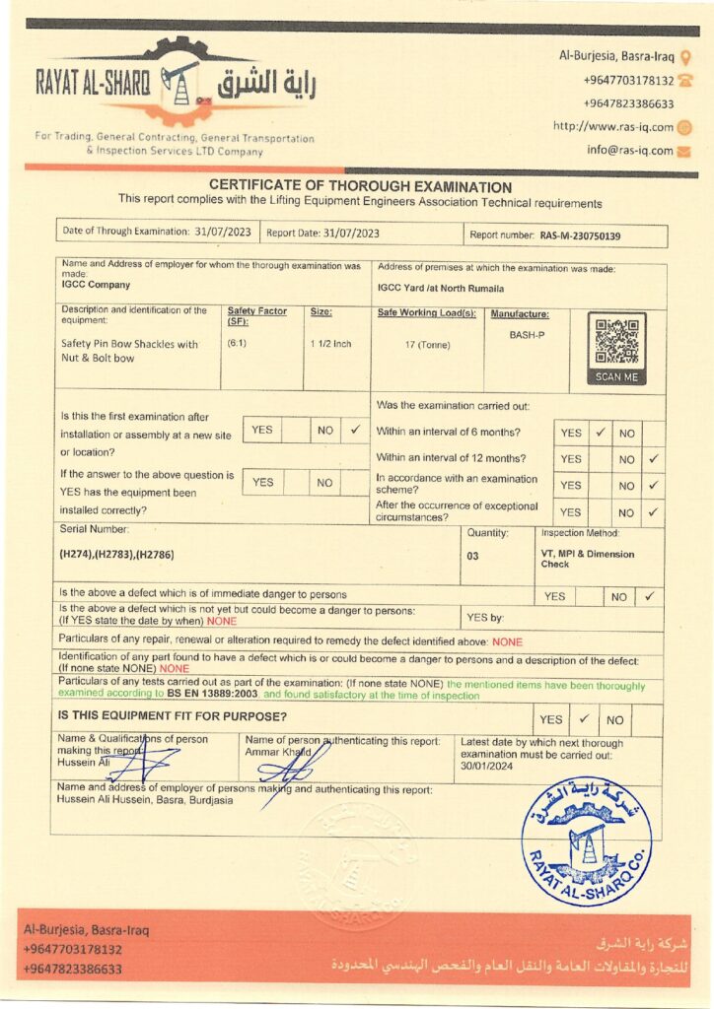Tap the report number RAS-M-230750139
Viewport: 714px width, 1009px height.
pyautogui.click(x=580, y=236)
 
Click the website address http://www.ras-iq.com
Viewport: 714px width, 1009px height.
pyautogui.click(x=612, y=126)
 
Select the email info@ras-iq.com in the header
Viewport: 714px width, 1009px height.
pyautogui.click(x=630, y=151)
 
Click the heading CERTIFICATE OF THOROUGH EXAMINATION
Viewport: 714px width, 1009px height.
pyautogui.click(x=360, y=187)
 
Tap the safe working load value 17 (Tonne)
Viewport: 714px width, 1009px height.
pyautogui.click(x=427, y=344)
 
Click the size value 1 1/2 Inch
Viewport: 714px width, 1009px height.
pyautogui.click(x=330, y=344)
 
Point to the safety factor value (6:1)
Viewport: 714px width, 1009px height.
pyautogui.click(x=237, y=344)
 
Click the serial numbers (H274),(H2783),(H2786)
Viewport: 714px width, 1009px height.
pyautogui.click(x=117, y=555)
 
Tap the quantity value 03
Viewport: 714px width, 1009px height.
pyautogui.click(x=474, y=555)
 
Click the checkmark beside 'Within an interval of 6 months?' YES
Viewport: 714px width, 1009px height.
pyautogui.click(x=600, y=432)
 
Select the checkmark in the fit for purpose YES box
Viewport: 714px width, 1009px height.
pyautogui.click(x=584, y=719)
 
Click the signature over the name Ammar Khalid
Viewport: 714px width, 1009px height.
pyautogui.click(x=292, y=763)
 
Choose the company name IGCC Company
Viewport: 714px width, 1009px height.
pyautogui.click(x=96, y=285)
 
